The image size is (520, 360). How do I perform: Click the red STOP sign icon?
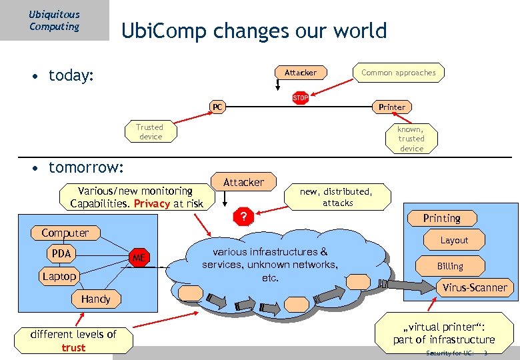click(x=301, y=98)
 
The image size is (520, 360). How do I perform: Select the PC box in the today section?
click(x=217, y=107)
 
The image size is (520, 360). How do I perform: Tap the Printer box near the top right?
click(x=391, y=107)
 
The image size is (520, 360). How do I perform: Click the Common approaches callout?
click(x=398, y=73)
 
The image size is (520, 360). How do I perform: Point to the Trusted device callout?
click(x=150, y=132)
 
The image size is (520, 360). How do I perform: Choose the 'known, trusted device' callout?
click(x=411, y=139)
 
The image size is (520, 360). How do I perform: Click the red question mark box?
click(x=244, y=216)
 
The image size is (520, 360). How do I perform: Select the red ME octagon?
click(x=139, y=257)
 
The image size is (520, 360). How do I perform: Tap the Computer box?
click(x=65, y=233)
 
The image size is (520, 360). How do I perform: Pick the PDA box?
click(x=61, y=254)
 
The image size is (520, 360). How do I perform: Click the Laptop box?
click(x=59, y=276)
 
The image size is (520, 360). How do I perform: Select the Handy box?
click(x=95, y=299)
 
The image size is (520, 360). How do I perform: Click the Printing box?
click(x=441, y=218)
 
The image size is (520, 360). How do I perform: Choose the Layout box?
click(x=454, y=240)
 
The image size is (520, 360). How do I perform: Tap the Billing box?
click(x=450, y=266)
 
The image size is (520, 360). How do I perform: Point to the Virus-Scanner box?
click(x=475, y=288)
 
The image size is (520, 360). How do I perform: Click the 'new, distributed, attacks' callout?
click(x=337, y=197)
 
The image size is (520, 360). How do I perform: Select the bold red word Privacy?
click(x=151, y=203)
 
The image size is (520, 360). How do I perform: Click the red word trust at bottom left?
click(x=73, y=347)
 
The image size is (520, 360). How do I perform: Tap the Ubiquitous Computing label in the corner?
click(x=54, y=20)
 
